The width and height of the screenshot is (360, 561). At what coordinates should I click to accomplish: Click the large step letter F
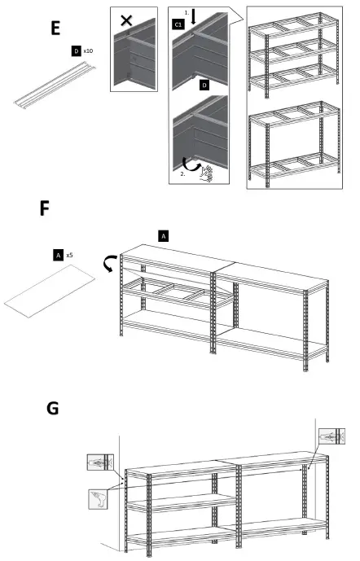point(46,209)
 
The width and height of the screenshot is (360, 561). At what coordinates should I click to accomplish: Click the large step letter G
point(54,407)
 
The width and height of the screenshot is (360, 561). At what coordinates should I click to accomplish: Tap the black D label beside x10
point(76,50)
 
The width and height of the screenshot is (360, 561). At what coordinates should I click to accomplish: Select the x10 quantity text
point(89,50)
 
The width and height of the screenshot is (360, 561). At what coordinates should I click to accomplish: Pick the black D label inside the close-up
point(204,84)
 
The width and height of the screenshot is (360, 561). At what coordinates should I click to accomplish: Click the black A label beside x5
point(58,255)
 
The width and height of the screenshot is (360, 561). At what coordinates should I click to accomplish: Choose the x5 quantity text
point(70,255)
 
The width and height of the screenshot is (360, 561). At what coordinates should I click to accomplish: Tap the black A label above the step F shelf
point(163,235)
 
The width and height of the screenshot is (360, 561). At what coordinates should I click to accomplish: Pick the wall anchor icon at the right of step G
point(331,436)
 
